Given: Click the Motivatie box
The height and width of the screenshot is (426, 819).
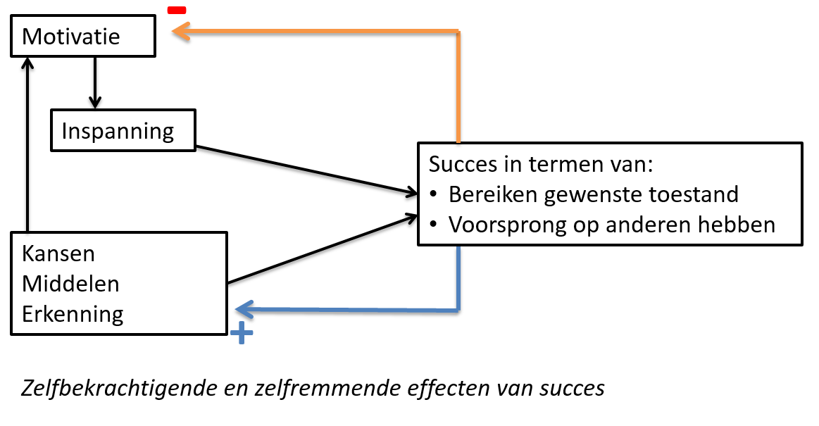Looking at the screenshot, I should pos(83,37).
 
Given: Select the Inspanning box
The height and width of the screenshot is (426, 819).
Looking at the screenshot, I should pos(123,130).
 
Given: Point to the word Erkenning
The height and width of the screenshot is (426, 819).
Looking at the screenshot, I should pos(73,313).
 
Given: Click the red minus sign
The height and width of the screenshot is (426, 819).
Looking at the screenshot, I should pos(176,10).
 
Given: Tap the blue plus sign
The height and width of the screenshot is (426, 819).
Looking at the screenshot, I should pos(242,333).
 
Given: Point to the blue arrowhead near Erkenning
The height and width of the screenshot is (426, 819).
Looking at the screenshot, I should pos(244,309).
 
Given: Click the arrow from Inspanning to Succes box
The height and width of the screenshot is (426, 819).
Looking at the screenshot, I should pos(303,169).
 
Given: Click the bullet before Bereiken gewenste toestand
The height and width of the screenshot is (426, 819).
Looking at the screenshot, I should pos(434,194).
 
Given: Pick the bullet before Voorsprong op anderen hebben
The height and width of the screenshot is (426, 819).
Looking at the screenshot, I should pos(434,225).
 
